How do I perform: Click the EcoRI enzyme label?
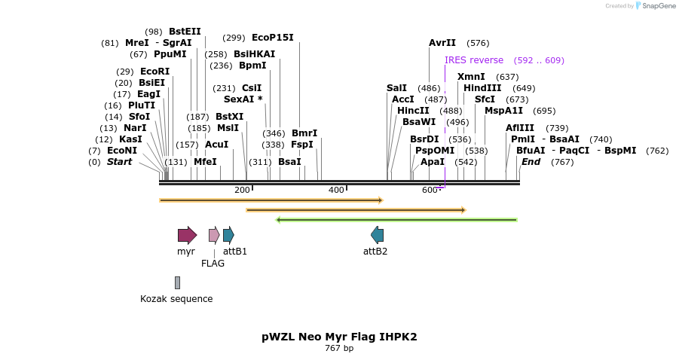click(154, 72)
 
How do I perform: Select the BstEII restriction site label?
click(185, 32)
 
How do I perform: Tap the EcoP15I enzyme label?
click(272, 38)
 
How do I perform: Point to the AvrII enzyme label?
click(442, 43)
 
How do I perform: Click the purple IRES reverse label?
click(474, 60)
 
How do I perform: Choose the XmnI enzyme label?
click(471, 77)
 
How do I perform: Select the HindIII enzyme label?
click(482, 88)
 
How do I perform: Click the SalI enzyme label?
click(396, 88)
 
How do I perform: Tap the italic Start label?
click(119, 162)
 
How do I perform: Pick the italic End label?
click(531, 162)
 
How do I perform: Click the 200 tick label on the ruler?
click(242, 190)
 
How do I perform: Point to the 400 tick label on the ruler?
click(336, 190)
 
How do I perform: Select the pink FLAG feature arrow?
click(214, 235)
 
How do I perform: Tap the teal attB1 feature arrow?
click(228, 235)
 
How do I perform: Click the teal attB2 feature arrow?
click(377, 235)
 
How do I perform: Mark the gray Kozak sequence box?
click(177, 282)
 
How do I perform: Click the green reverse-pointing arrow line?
click(396, 220)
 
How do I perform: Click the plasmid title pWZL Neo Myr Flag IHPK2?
click(339, 337)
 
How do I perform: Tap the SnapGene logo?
click(656, 6)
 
